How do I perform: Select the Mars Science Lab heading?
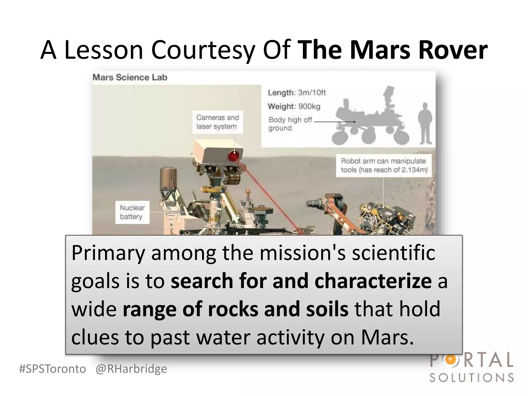point(130,77)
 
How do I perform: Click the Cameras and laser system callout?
point(218,122)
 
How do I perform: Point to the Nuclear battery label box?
point(132,212)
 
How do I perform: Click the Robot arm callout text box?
point(384,166)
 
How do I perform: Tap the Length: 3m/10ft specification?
point(297,93)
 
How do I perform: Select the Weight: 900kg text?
point(294,106)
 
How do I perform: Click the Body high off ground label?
point(290,124)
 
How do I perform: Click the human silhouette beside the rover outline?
point(425,123)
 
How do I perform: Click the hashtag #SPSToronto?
point(53,369)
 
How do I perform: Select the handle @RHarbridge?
point(131,369)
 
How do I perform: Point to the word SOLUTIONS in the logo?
point(472,378)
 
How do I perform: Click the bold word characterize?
point(373,281)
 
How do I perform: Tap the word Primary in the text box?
point(108,253)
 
